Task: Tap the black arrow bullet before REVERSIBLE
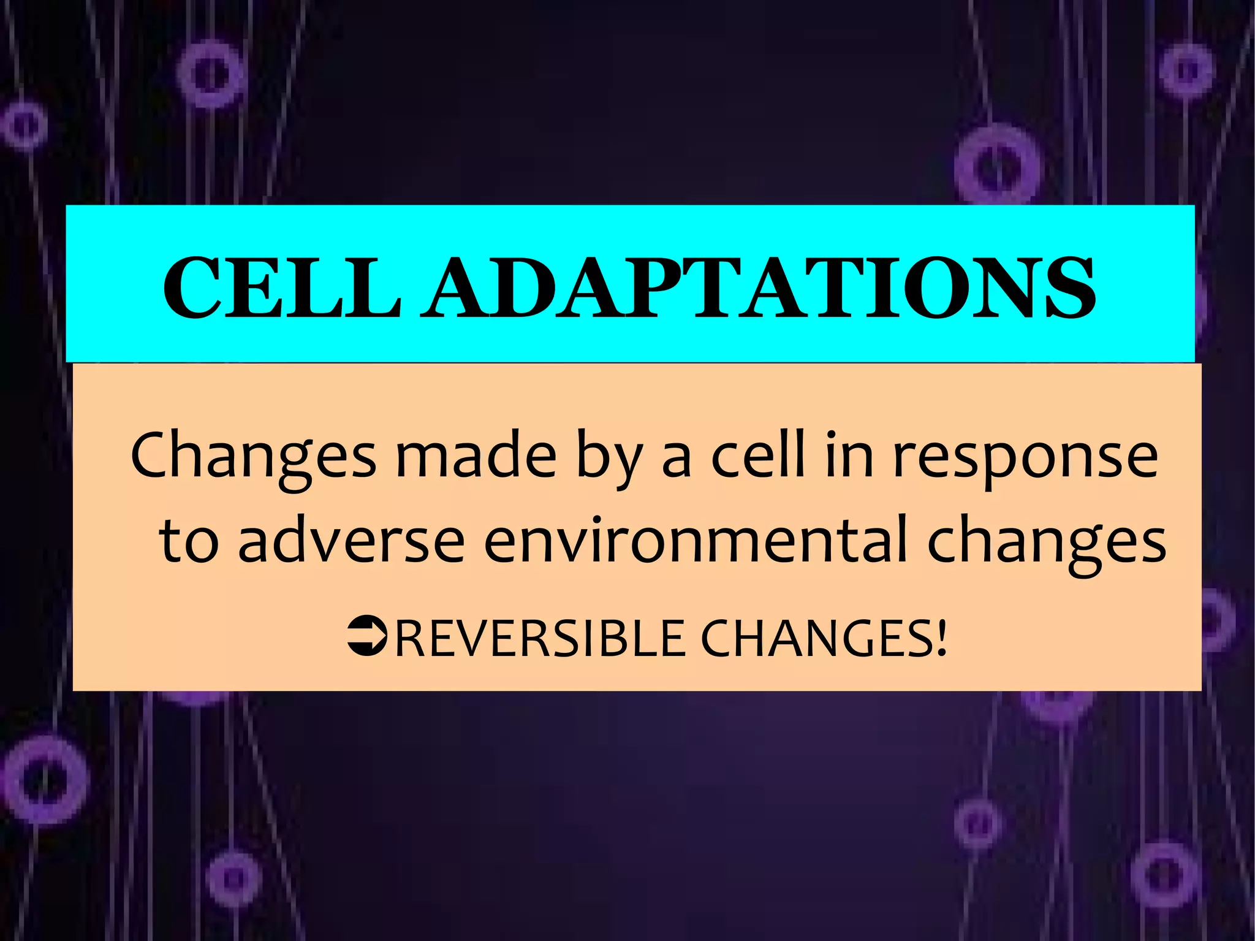pos(366,638)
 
